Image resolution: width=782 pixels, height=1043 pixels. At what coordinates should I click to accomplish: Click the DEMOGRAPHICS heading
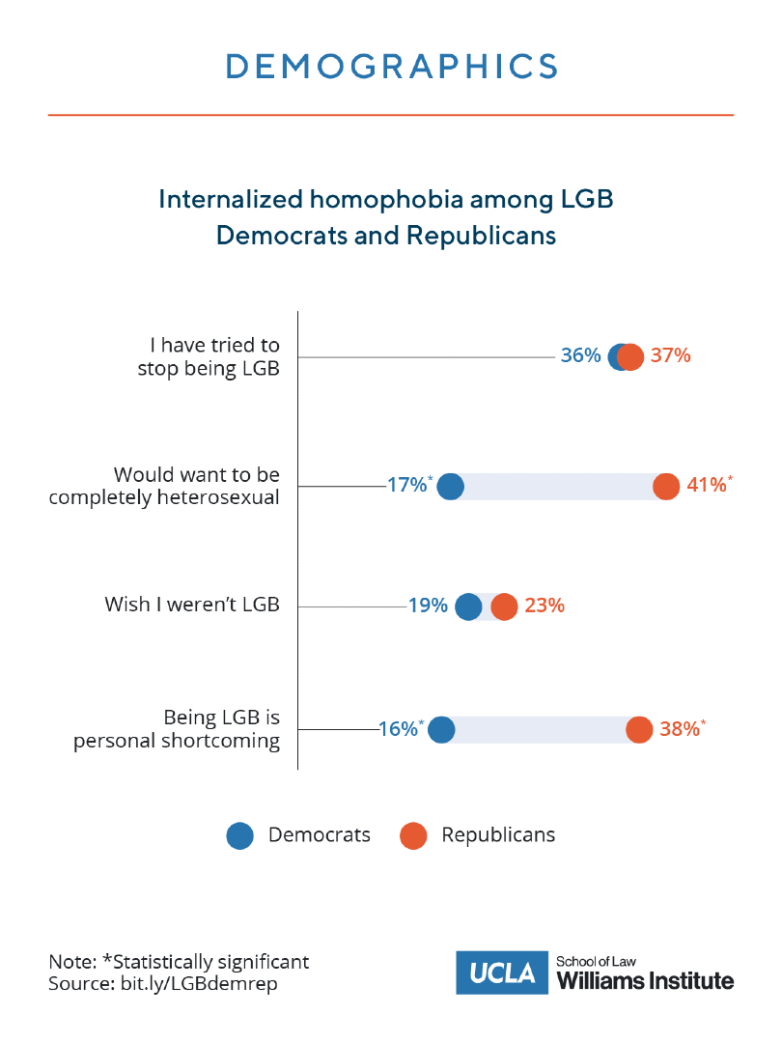391,67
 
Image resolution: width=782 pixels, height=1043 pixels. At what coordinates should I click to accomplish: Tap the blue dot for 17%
450,487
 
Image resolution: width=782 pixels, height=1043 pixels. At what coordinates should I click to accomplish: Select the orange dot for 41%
666,487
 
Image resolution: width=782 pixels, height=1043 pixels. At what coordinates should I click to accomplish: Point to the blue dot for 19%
468,607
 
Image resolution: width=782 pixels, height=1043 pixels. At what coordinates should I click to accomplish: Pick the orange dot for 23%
504,607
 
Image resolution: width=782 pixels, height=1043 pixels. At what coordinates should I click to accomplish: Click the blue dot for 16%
441,730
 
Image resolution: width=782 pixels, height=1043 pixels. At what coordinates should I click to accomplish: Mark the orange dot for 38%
639,730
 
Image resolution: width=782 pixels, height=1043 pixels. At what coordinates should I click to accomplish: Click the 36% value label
580,355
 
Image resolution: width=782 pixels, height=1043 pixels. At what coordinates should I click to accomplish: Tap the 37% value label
671,355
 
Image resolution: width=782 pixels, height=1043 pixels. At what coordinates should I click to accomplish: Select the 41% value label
706,486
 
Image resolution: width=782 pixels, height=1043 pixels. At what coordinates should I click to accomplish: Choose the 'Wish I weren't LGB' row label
191,606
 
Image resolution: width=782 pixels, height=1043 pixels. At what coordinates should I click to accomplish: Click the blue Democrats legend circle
239,835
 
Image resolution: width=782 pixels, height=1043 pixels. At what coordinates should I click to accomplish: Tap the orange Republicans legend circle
413,835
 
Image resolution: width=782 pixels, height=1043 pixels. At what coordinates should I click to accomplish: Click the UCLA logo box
502,973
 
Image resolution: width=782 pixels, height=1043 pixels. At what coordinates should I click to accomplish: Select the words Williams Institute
646,981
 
